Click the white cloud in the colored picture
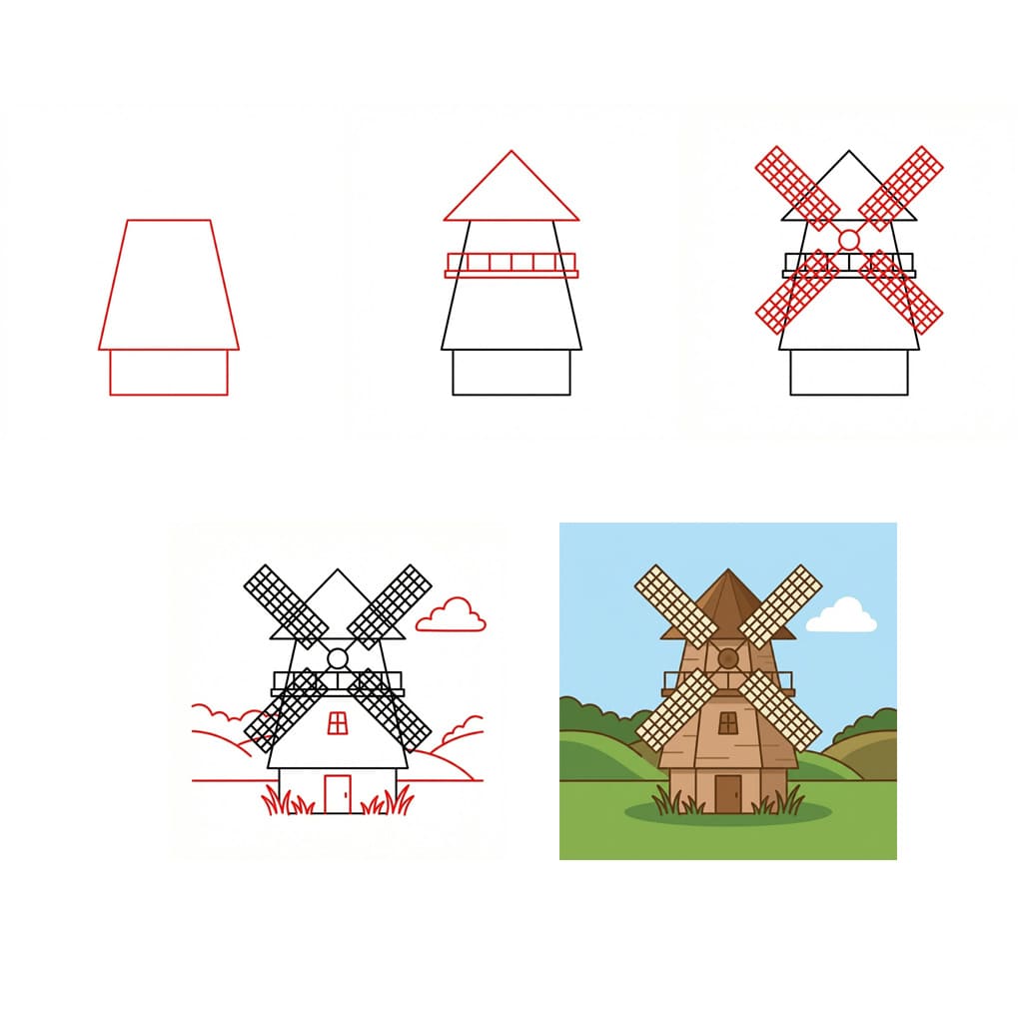842,616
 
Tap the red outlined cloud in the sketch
452,617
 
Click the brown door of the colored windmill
728,793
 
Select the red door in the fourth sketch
338,794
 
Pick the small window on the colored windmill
729,721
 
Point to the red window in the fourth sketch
338,721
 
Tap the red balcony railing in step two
511,265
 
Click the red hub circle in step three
849,240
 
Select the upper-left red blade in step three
797,187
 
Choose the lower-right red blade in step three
902,292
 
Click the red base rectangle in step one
169,373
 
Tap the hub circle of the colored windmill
728,657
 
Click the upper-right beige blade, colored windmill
780,605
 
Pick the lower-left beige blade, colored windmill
676,710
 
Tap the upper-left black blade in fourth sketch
286,604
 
